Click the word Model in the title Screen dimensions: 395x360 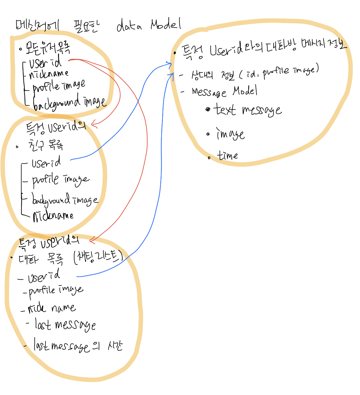[x=166, y=25]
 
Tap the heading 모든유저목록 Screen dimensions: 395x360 [x=48, y=48]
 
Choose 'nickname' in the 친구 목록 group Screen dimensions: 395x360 [x=53, y=216]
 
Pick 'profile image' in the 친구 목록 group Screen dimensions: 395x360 [x=60, y=180]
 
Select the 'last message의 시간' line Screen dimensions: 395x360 [x=78, y=346]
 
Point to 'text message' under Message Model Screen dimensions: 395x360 [x=247, y=110]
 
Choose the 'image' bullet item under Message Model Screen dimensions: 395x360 [x=230, y=134]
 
